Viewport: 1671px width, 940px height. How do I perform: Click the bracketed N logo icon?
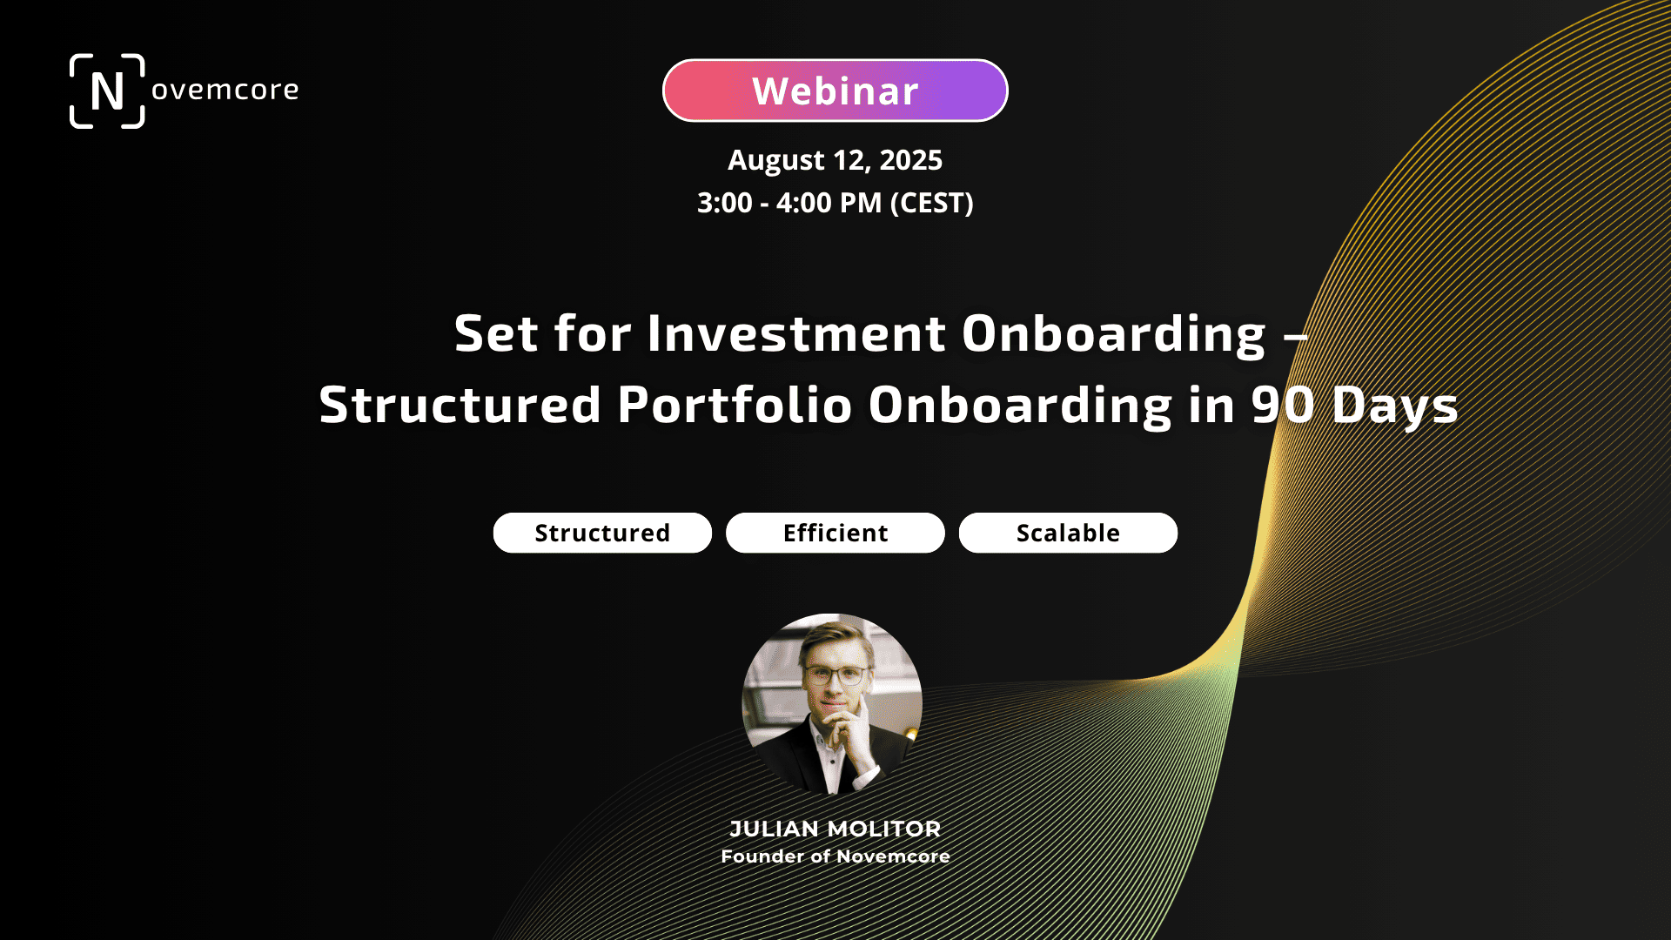107,91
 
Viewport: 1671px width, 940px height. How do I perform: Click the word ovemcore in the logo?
225,90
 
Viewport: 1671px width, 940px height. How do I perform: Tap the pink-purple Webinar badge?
835,91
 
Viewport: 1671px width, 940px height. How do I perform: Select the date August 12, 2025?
835,160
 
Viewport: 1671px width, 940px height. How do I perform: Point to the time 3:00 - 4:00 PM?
789,203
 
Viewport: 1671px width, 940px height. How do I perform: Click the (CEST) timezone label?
932,203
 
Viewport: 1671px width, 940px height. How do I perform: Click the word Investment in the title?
796,333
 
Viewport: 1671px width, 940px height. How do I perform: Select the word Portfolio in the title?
735,405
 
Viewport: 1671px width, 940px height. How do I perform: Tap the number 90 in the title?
1282,405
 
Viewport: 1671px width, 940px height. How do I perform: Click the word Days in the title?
1394,406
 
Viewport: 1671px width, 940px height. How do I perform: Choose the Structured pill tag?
602,533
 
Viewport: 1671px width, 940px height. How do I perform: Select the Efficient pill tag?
835,533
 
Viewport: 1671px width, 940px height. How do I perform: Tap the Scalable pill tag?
1068,533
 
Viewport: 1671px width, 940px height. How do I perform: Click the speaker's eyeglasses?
837,675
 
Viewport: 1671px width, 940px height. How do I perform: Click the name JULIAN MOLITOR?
835,829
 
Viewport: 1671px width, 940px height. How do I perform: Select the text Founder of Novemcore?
835,856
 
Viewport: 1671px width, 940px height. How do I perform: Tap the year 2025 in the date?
910,160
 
